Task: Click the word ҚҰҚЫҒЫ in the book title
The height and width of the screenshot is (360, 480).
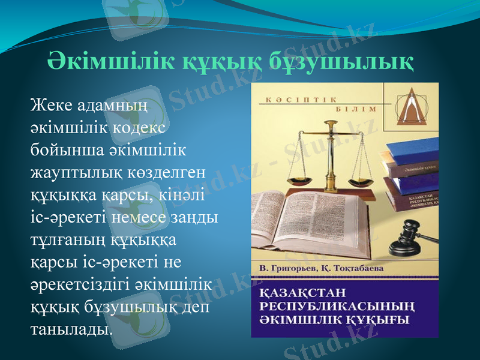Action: [x=378, y=319]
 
